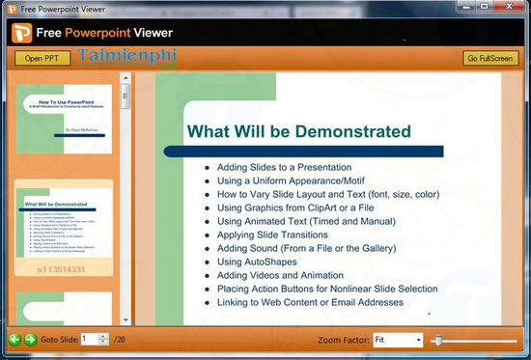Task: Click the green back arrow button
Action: coord(14,340)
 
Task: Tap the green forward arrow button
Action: coord(30,340)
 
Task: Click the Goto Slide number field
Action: coord(88,340)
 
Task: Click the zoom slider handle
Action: coord(437,341)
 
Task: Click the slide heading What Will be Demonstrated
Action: coord(298,131)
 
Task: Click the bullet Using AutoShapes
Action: coord(258,262)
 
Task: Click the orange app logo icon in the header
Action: coord(23,32)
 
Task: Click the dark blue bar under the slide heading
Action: coord(303,152)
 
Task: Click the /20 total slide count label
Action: coord(121,340)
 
